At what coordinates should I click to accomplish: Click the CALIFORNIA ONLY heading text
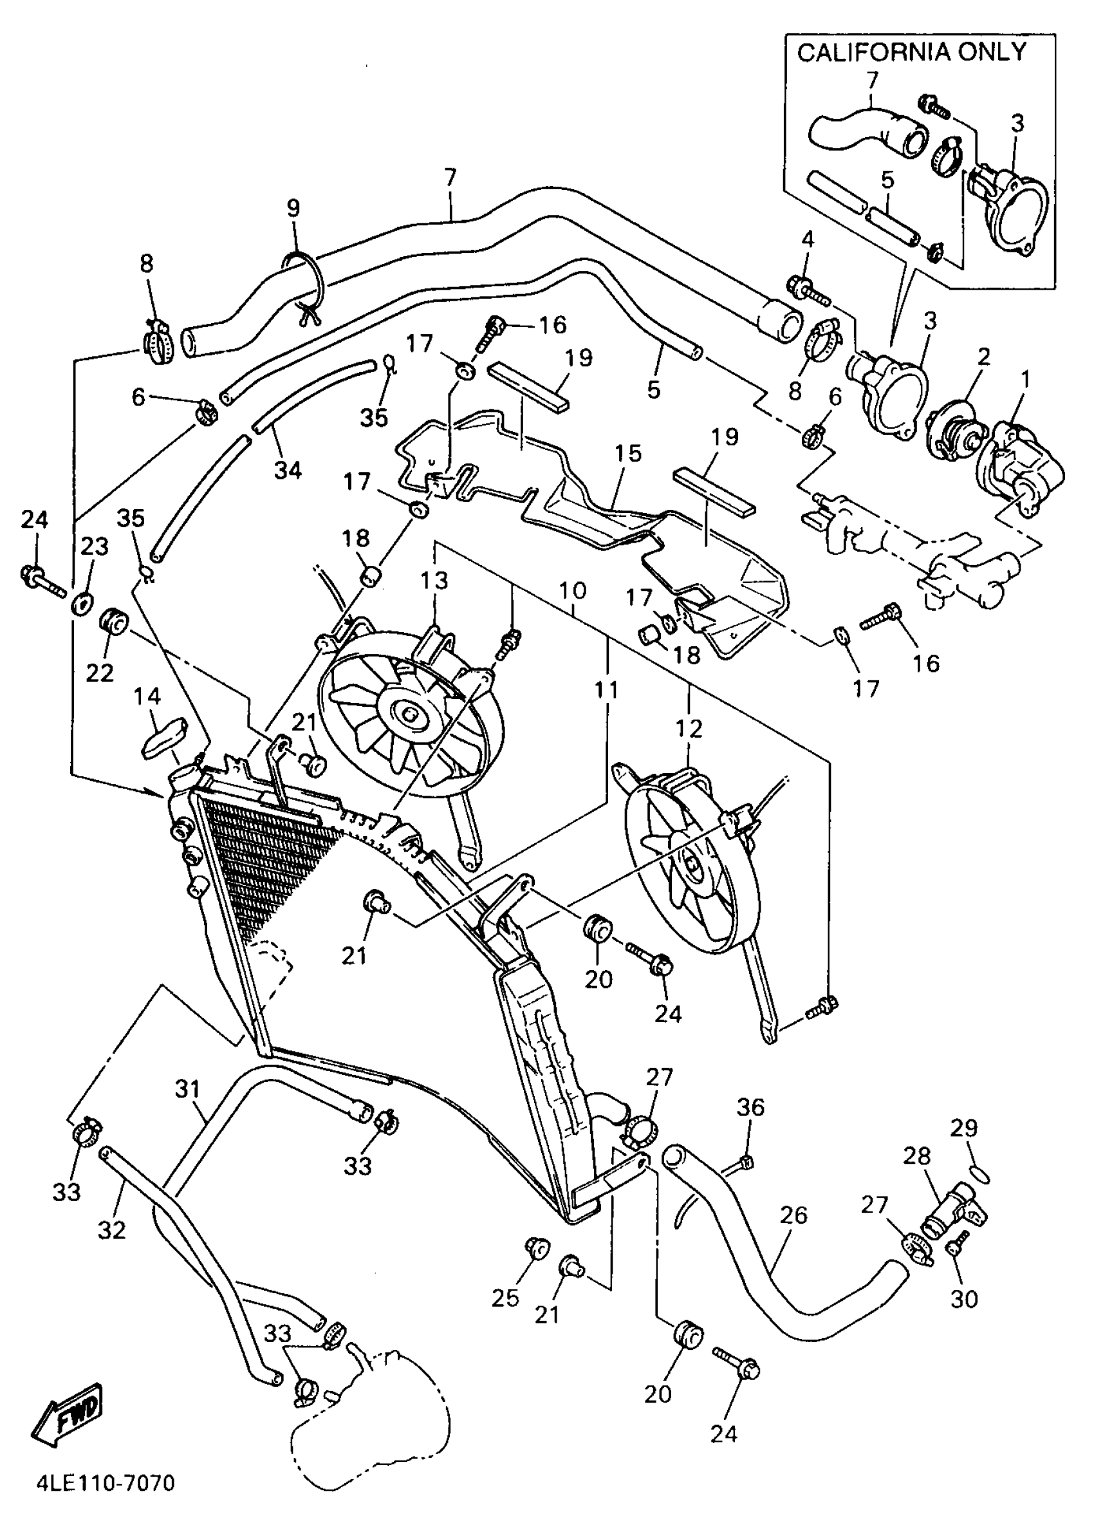911,52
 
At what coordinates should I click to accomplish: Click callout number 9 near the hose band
293,208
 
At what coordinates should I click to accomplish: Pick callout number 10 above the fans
573,591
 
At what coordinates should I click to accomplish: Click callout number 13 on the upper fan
434,579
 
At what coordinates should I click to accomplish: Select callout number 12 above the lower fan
689,728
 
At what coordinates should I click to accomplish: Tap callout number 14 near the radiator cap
147,696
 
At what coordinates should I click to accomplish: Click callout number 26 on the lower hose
793,1215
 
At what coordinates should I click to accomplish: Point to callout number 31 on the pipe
188,1088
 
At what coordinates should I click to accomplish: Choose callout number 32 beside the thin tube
112,1229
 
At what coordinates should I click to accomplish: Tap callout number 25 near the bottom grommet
505,1297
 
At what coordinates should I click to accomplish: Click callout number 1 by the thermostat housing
1025,380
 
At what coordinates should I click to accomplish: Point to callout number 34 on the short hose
288,469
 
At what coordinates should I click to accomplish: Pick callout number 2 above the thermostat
983,357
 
